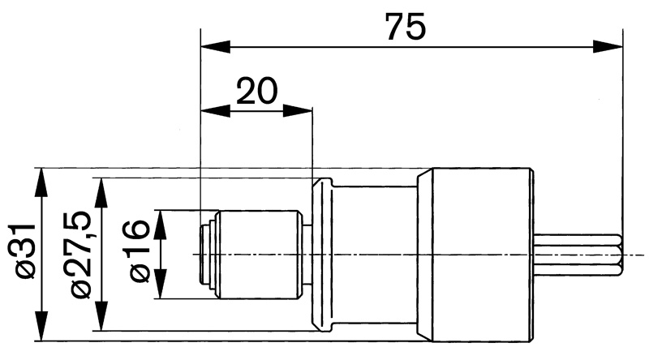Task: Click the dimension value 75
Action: coord(405,26)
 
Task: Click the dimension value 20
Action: coord(256,91)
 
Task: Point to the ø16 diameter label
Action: coord(139,251)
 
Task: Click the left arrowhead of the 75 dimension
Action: coord(215,47)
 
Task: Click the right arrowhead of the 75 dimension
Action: coord(607,47)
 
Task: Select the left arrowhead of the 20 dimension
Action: coord(215,111)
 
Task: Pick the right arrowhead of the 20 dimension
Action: coord(297,111)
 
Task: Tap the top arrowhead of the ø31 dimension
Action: coord(41,182)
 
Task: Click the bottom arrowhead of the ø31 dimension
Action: coord(41,327)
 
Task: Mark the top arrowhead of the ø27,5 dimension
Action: coord(101,192)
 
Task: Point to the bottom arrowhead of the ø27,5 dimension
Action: coord(101,316)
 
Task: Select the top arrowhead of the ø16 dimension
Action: coord(160,225)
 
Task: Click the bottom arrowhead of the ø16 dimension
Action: coord(160,284)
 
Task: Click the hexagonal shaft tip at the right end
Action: coord(578,255)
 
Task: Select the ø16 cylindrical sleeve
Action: coord(258,255)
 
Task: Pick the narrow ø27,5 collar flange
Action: coord(322,255)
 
